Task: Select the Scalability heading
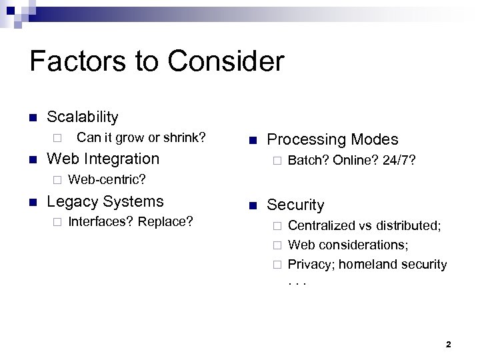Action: tap(82, 117)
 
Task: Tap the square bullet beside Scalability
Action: tap(32, 117)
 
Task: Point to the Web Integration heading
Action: tap(103, 159)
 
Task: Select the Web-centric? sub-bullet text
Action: tap(107, 180)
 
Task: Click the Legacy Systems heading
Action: tap(105, 201)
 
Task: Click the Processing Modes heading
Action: tap(332, 139)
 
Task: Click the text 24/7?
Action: tap(399, 161)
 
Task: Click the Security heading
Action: tap(295, 205)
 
